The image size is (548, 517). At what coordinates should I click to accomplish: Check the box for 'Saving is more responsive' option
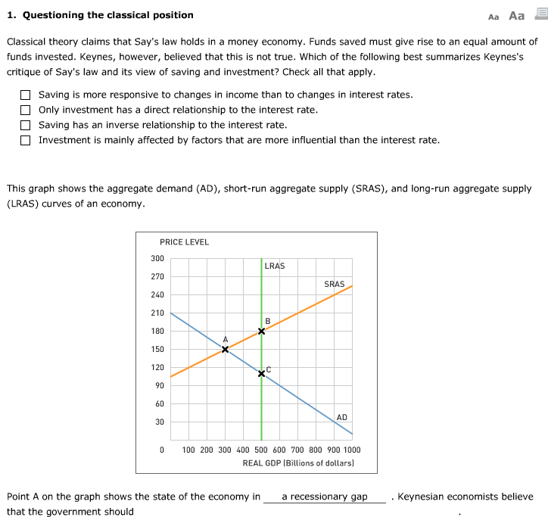click(26, 95)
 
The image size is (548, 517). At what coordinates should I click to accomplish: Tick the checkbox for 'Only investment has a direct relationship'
click(26, 110)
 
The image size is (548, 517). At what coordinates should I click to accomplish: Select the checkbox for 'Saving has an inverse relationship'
click(26, 125)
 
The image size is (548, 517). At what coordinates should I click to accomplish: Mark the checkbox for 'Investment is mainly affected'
click(26, 140)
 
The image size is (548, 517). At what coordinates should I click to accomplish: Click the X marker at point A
click(225, 349)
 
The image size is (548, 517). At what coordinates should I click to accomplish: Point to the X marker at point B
click(262, 331)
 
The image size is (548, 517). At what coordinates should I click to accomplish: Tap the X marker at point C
click(262, 374)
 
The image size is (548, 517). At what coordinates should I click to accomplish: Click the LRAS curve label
click(275, 266)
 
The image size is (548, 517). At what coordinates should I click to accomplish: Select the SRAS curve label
click(334, 284)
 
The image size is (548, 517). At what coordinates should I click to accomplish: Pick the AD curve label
click(341, 417)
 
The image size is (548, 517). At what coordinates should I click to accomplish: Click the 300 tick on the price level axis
click(157, 259)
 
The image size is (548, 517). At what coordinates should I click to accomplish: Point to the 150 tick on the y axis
click(157, 350)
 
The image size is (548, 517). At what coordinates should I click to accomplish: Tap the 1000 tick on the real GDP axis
click(351, 450)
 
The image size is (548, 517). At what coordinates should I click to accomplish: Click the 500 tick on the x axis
click(262, 450)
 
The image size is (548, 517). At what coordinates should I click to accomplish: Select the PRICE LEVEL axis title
click(184, 242)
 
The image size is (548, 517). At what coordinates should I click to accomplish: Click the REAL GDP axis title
click(297, 462)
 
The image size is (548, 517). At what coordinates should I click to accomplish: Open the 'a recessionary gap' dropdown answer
click(324, 497)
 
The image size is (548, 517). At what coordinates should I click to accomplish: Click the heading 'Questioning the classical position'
click(100, 15)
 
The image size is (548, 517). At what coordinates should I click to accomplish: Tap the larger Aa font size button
click(517, 15)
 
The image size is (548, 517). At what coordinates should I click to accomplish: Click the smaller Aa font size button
click(494, 16)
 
